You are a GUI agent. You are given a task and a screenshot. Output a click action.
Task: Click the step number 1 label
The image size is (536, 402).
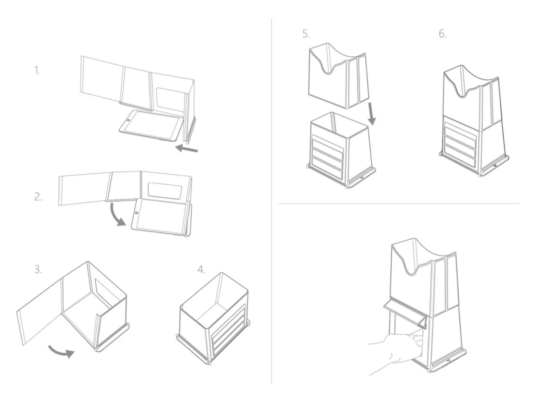37,70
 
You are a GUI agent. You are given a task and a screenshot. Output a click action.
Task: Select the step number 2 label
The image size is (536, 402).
38,197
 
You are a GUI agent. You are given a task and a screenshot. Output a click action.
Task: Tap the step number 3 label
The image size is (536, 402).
38,270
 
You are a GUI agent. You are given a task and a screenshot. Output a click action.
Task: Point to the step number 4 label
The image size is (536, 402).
201,270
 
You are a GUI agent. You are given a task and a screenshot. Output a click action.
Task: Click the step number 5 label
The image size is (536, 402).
306,34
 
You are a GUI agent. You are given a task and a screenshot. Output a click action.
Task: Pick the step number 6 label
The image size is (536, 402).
443,34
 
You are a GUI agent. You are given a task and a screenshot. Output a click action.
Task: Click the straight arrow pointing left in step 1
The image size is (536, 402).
186,148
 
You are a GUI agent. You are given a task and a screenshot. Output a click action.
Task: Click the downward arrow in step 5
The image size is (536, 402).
371,114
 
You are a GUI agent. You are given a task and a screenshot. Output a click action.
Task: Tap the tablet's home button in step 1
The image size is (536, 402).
128,120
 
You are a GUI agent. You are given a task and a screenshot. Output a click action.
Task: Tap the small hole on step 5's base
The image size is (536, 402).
361,177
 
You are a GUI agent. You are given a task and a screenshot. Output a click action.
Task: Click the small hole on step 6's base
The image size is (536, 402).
495,165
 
